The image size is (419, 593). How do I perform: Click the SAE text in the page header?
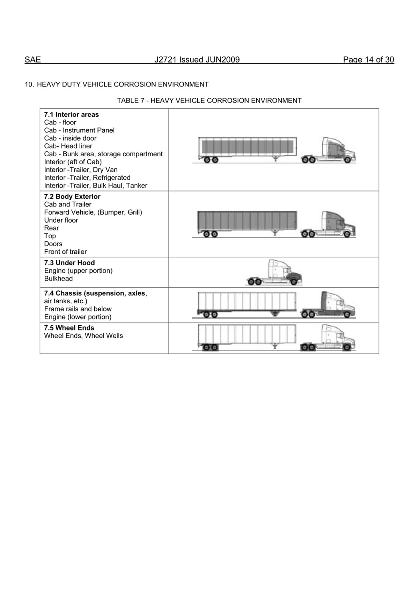33,60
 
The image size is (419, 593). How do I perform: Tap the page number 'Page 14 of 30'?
368,60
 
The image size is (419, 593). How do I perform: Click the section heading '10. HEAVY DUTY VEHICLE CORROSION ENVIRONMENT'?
117,85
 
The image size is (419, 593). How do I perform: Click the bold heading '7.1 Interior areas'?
72,115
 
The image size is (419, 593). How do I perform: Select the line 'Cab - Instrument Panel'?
79,130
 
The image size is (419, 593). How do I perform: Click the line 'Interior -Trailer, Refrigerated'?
87,178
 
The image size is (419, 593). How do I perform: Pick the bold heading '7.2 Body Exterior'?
72,196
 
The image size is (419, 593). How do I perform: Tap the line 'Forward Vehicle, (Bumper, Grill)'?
93,212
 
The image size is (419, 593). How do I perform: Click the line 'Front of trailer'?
66,252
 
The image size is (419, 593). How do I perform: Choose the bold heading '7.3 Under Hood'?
69,263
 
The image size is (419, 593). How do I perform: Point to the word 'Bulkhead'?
59,279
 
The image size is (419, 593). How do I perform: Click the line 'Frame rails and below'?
78,309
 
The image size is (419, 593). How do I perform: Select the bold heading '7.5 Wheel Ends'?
69,328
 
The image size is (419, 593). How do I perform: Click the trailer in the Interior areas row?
248,147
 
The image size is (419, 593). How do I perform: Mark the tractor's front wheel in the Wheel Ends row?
347,347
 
